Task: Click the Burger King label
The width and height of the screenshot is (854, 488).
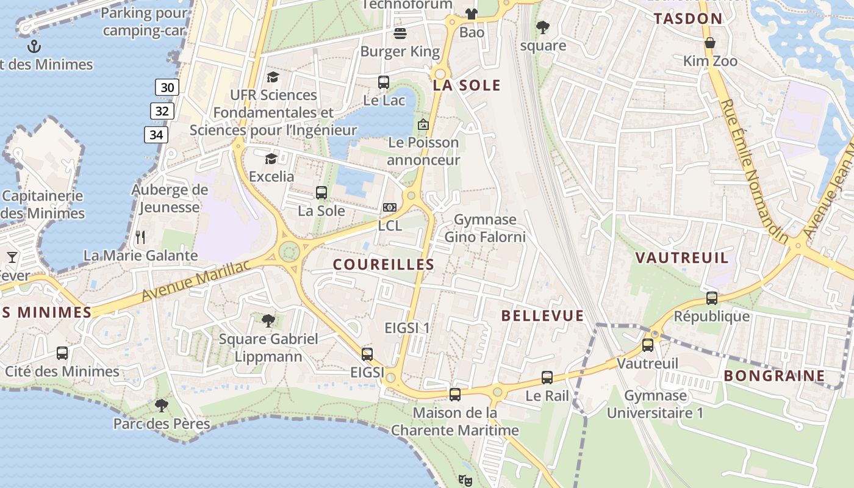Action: click(x=400, y=51)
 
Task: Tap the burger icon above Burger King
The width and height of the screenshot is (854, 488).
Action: click(x=400, y=32)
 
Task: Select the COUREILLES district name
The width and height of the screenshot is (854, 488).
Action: click(x=384, y=265)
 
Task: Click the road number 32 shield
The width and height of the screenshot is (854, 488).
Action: click(x=162, y=111)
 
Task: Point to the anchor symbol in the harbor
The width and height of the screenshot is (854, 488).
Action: click(x=35, y=46)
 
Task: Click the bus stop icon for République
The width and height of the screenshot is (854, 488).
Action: click(x=711, y=298)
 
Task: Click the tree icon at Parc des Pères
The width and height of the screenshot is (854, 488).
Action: click(x=162, y=405)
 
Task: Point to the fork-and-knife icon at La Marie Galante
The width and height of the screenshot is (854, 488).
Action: click(x=140, y=237)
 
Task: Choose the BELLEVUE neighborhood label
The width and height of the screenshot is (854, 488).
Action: click(x=542, y=315)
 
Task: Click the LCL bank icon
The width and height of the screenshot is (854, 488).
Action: click(x=389, y=208)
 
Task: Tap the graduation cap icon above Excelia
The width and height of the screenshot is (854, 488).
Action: click(x=271, y=159)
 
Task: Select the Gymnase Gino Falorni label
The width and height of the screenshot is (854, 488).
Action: click(x=485, y=228)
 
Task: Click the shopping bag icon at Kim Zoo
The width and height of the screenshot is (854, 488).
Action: click(x=710, y=43)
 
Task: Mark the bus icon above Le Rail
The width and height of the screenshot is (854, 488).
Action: click(x=547, y=378)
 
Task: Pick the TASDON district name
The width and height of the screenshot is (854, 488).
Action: click(x=688, y=18)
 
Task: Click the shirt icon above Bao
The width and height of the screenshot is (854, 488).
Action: click(x=472, y=13)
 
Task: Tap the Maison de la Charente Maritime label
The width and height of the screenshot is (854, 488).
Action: click(x=455, y=422)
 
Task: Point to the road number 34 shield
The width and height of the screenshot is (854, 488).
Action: click(x=156, y=135)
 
